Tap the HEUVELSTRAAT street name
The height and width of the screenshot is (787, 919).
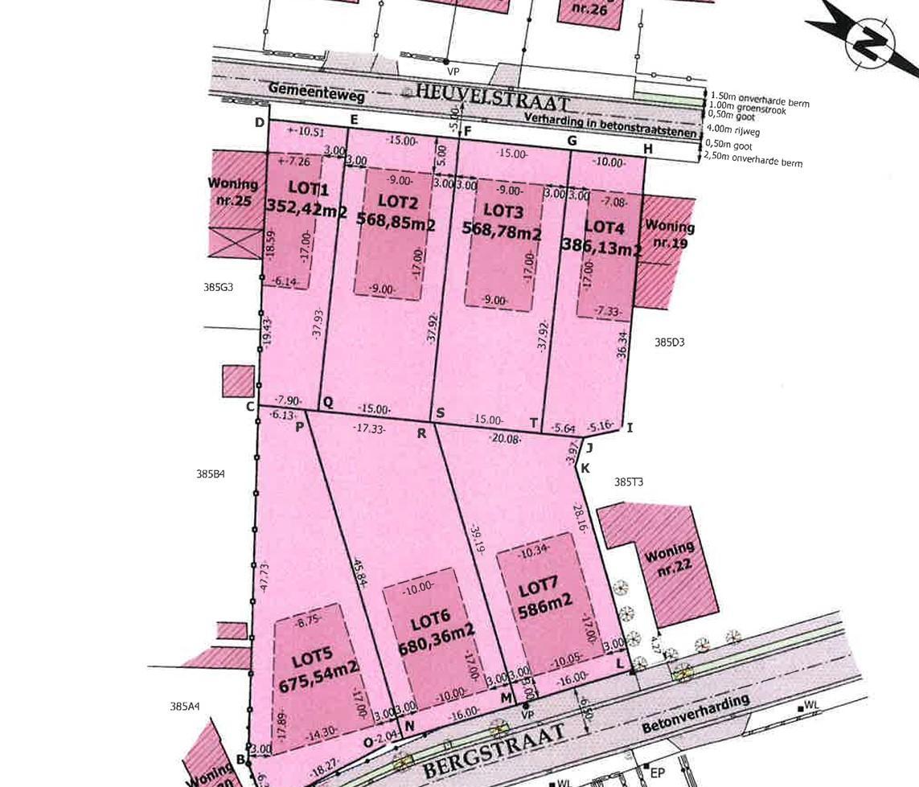pyautogui.click(x=493, y=99)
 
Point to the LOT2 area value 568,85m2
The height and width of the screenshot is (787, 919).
pyautogui.click(x=396, y=225)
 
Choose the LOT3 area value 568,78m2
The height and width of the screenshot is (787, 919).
pyautogui.click(x=502, y=232)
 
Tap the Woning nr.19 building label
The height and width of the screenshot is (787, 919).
pyautogui.click(x=669, y=234)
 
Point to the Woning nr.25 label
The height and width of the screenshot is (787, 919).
pyautogui.click(x=232, y=192)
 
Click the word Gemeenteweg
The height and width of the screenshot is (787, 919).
pyautogui.click(x=316, y=90)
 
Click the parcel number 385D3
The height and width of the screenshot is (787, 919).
pyautogui.click(x=669, y=342)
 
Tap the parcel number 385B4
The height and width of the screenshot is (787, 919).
pyautogui.click(x=210, y=473)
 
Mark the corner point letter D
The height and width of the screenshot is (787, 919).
pyautogui.click(x=260, y=122)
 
